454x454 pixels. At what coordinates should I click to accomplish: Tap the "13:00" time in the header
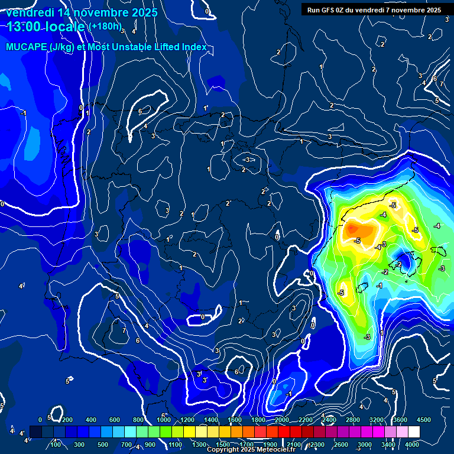pos(25,27)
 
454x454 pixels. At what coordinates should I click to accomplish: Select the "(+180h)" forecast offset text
pos(105,27)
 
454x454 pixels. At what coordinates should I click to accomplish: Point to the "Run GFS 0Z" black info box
pos(374,10)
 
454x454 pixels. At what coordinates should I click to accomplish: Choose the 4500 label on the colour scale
pos(424,420)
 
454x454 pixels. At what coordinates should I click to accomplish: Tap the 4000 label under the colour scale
pos(412,444)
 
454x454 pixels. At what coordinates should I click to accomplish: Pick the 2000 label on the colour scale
pos(283,420)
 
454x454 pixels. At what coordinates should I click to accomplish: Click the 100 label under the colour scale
pos(56,444)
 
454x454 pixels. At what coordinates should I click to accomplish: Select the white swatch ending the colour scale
pos(430,432)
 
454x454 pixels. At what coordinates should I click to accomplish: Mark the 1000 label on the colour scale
pos(164,420)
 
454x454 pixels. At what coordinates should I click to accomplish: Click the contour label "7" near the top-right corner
pos(441,85)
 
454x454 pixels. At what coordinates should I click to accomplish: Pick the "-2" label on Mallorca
pos(399,264)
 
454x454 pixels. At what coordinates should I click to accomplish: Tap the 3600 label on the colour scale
pos(400,420)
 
